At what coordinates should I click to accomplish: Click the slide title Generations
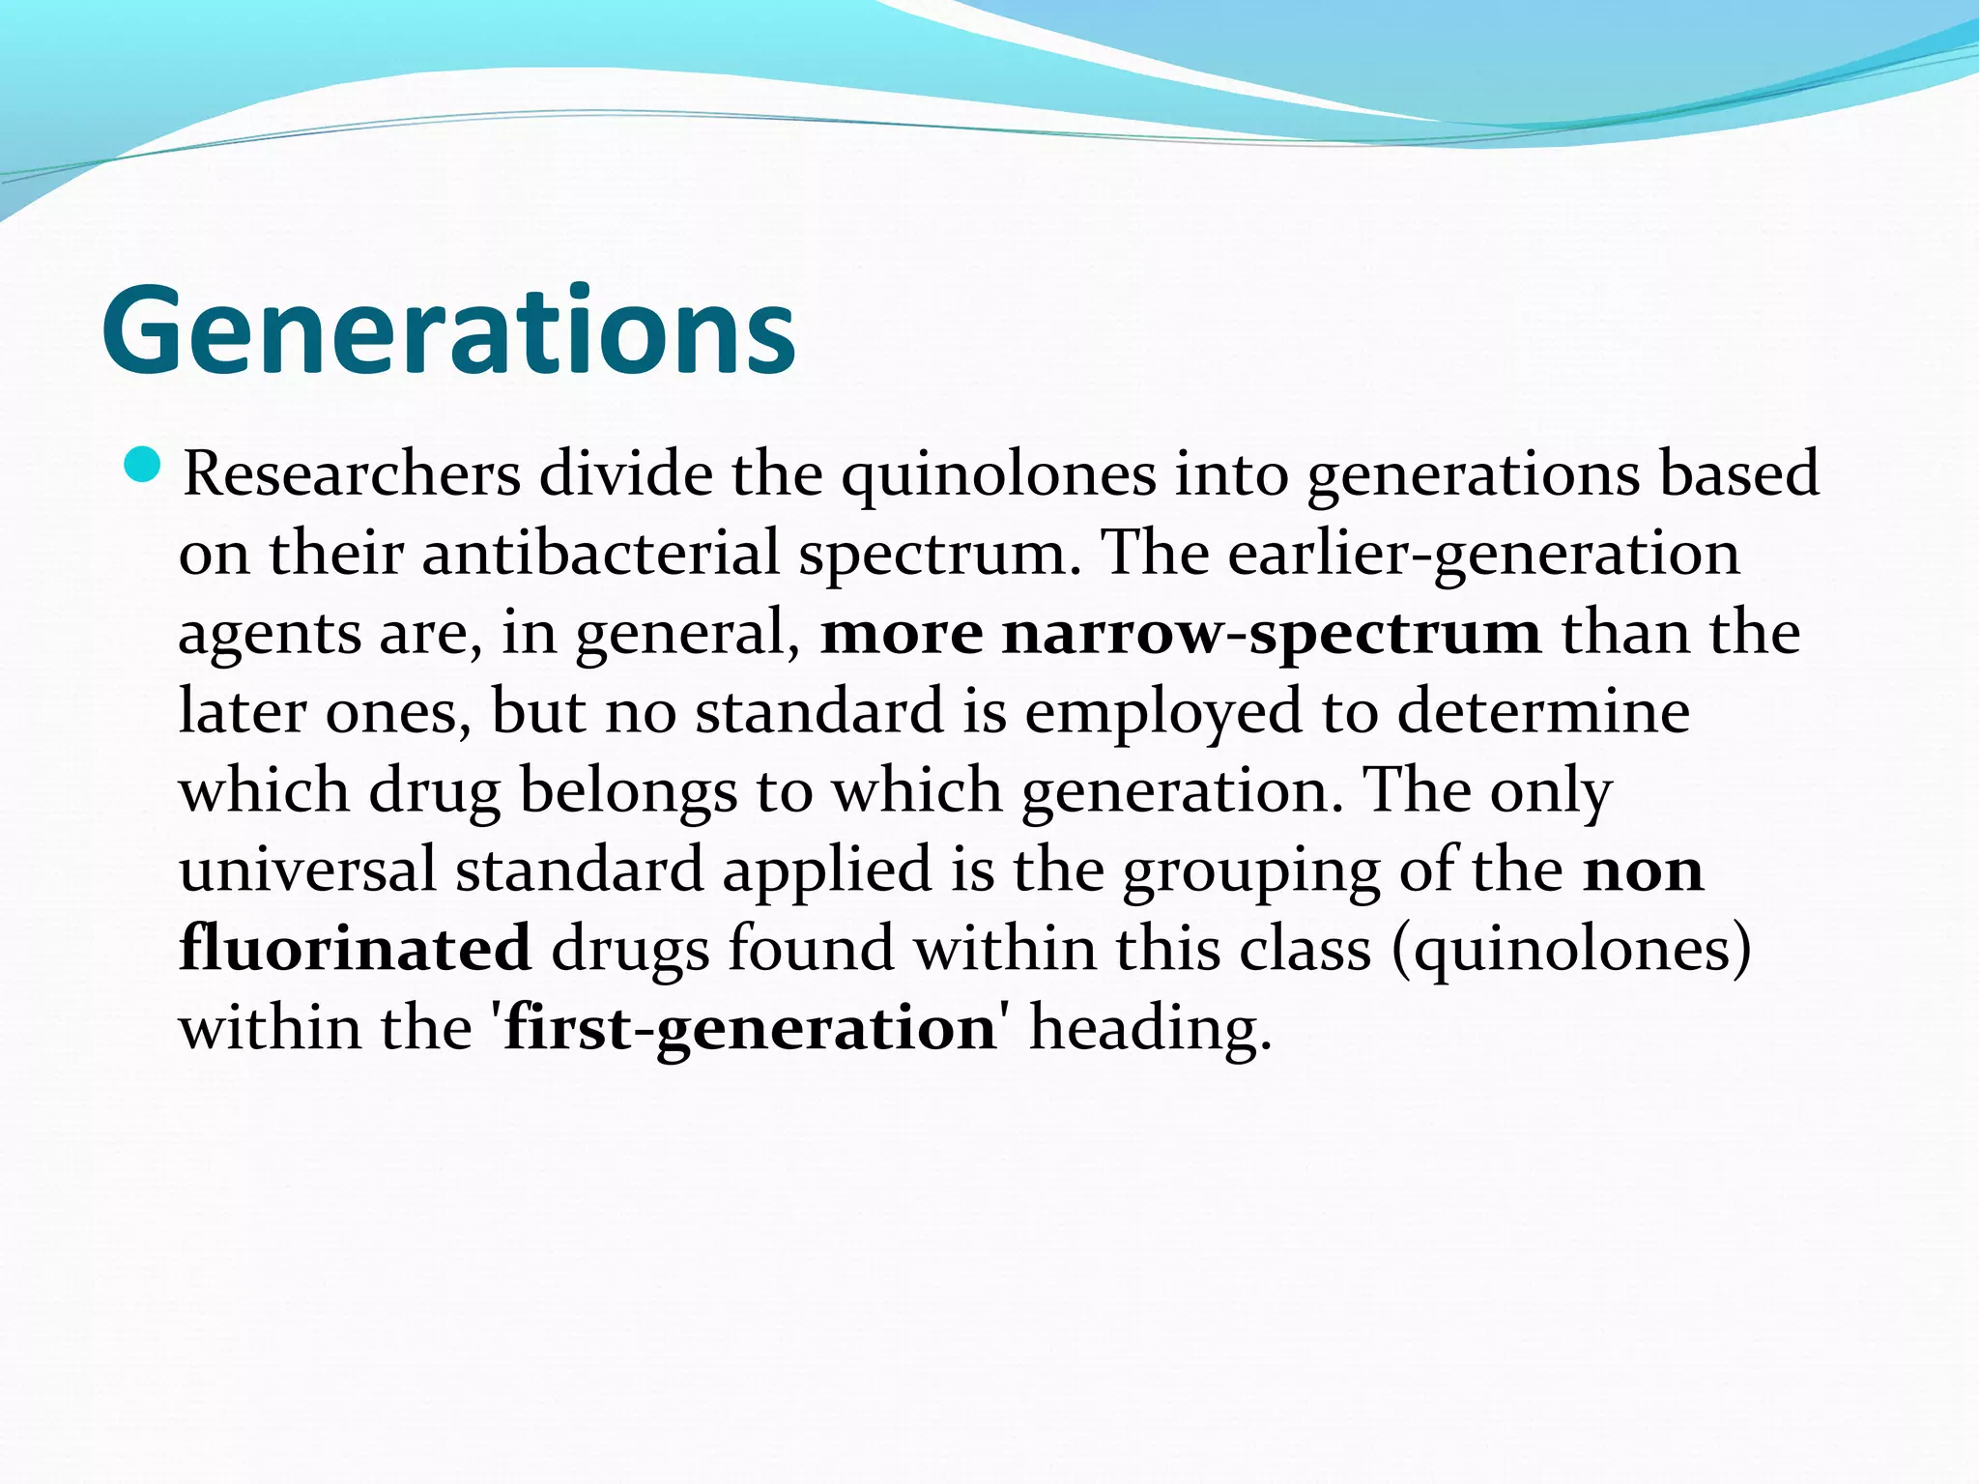448,330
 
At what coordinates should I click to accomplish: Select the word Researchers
352,474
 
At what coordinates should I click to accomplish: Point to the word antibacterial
600,554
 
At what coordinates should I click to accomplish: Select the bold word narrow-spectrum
1272,635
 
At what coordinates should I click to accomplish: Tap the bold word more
901,635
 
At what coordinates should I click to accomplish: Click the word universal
307,869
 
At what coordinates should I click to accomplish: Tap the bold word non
1643,870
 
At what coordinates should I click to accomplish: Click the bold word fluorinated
355,948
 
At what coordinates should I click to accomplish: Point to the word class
1305,948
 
